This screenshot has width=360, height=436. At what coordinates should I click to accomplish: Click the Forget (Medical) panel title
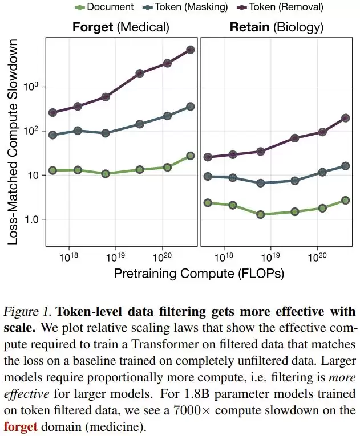tap(120, 27)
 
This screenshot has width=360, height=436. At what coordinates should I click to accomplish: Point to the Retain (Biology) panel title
tap(276, 27)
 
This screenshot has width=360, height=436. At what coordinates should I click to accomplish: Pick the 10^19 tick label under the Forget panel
tap(115, 256)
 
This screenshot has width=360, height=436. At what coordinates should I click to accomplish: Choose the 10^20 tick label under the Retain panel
tap(317, 256)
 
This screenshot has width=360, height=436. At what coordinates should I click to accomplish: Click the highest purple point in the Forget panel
tap(191, 50)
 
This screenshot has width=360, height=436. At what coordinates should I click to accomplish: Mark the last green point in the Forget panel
tap(191, 156)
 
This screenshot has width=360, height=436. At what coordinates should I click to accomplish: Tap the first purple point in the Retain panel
tap(208, 157)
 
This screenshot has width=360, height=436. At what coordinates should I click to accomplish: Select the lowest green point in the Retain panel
tap(260, 214)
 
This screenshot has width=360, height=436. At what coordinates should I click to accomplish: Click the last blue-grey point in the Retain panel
tap(346, 166)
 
